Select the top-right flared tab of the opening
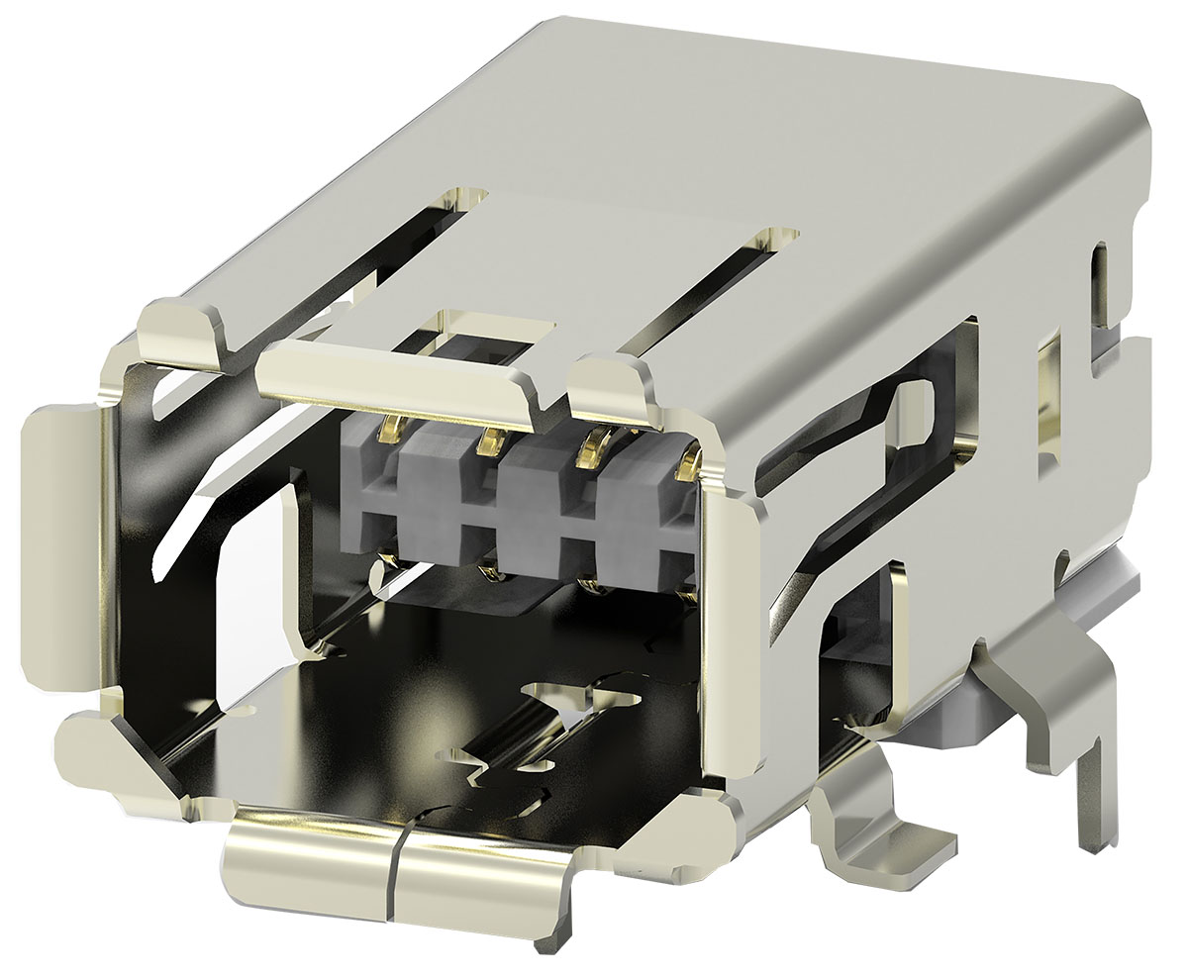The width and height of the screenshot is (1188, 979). (617, 389)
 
